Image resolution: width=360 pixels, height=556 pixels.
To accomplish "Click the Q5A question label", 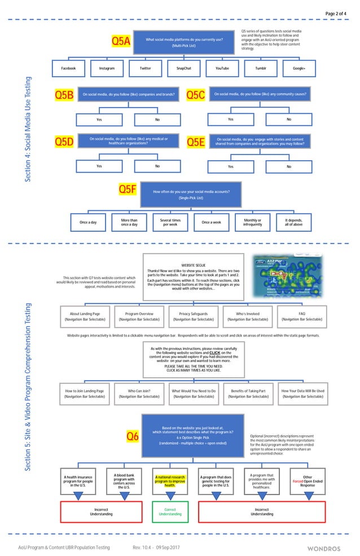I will pyautogui.click(x=121, y=41).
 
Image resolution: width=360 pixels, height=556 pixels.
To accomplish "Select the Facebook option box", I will pyautogui.click(x=68, y=68).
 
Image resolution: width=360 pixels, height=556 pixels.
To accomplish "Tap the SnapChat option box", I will pyautogui.click(x=184, y=68).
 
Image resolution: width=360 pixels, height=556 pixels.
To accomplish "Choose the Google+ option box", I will pyautogui.click(x=299, y=68).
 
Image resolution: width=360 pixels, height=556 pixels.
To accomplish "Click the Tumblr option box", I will pyautogui.click(x=261, y=68).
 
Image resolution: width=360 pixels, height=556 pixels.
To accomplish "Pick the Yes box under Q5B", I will pyautogui.click(x=99, y=120).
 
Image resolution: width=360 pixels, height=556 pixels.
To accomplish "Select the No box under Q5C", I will pyautogui.click(x=289, y=120).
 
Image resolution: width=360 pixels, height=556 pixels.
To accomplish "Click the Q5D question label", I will pyautogui.click(x=64, y=142).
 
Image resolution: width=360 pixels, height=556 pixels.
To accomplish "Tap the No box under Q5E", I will pyautogui.click(x=289, y=166).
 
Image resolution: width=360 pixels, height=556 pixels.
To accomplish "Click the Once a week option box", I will pyautogui.click(x=211, y=222).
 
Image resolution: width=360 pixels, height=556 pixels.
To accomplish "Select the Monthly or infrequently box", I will pyautogui.click(x=252, y=222).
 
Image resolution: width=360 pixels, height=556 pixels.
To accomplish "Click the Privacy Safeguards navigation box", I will pyautogui.click(x=193, y=316).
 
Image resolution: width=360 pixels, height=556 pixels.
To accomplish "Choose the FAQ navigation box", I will pyautogui.click(x=301, y=316).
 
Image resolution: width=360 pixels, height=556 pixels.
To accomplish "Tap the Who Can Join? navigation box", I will pyautogui.click(x=139, y=394).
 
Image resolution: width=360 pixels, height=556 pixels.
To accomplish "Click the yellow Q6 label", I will pyautogui.click(x=132, y=436).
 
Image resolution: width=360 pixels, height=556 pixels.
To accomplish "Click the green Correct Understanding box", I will pyautogui.click(x=170, y=511).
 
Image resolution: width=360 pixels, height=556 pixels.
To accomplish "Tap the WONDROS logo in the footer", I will pyautogui.click(x=324, y=548).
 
